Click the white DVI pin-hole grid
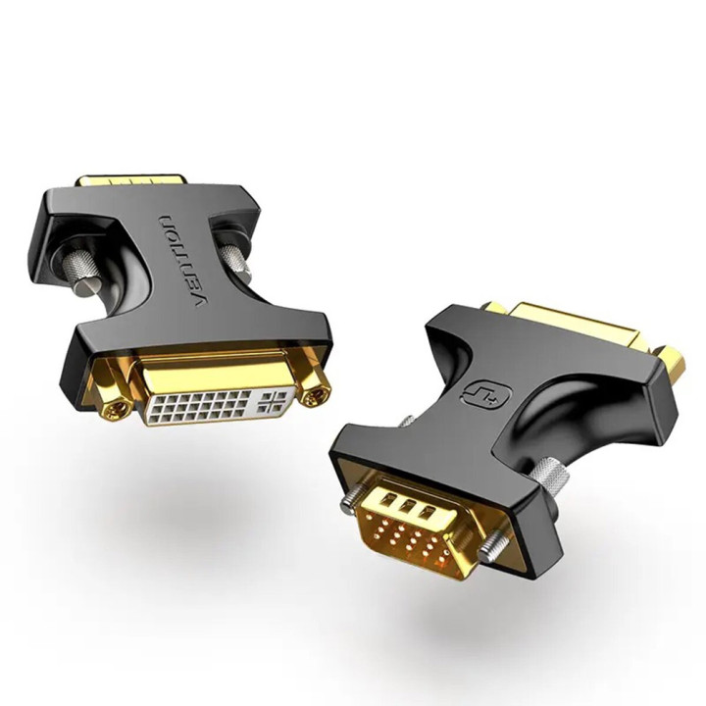coord(212,402)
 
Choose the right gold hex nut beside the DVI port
coord(316,394)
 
